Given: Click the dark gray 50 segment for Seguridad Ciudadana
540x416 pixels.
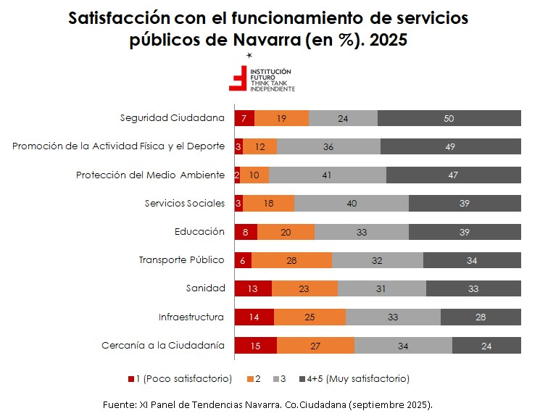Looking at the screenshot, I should point(449,118).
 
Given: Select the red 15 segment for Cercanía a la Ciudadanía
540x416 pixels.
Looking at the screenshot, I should point(255,346).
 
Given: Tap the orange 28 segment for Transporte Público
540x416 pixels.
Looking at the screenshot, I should point(291,260).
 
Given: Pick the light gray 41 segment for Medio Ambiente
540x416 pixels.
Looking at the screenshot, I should point(328,175).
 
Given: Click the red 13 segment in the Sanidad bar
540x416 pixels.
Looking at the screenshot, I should point(253,288).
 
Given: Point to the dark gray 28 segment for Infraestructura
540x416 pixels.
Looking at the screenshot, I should point(481,317).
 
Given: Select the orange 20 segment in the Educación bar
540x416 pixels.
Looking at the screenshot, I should point(286,232).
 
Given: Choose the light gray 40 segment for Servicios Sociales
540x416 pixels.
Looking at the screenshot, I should point(352,204).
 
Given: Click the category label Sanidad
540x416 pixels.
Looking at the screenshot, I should point(206,288).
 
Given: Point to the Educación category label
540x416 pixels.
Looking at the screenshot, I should point(199,231).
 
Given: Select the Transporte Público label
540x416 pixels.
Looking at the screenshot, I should point(181,259).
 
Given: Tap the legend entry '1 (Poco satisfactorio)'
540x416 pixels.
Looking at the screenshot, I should point(183,378).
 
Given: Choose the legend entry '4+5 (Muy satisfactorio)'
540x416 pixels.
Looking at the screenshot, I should point(367,378).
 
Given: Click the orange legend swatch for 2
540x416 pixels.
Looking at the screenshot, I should point(250,379).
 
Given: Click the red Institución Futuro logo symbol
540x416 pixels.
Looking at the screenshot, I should point(237,79).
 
